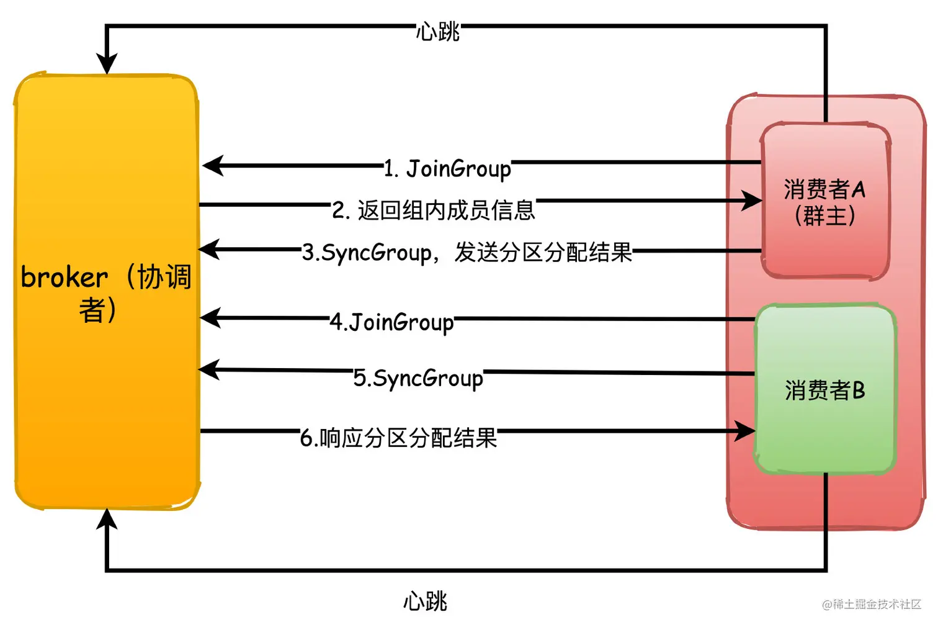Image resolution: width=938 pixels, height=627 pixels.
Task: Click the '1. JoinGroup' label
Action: (447, 169)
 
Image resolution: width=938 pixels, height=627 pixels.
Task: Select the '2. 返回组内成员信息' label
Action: (433, 210)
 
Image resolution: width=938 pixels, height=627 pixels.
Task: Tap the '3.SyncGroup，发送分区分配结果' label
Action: (467, 253)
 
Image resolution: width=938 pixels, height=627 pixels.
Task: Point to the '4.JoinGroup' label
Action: (391, 322)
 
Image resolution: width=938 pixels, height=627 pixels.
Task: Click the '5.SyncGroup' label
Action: (418, 378)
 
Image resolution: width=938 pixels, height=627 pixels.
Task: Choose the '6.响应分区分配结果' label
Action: (398, 438)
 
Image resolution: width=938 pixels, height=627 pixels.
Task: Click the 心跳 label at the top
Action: (437, 31)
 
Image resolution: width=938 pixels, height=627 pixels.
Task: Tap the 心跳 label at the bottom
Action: (425, 601)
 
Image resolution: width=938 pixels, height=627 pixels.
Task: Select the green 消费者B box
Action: (825, 389)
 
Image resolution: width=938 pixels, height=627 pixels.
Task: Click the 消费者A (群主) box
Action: (825, 202)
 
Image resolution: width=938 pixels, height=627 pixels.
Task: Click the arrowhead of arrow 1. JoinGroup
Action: (213, 166)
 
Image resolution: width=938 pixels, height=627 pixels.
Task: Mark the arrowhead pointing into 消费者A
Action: (753, 200)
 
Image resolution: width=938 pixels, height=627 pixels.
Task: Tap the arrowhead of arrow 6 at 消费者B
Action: (745, 431)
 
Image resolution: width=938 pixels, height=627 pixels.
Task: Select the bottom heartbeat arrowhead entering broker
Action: (107, 519)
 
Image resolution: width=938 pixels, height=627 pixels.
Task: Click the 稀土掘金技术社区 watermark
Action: (872, 604)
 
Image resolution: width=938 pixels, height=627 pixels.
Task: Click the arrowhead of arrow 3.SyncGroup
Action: (209, 250)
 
